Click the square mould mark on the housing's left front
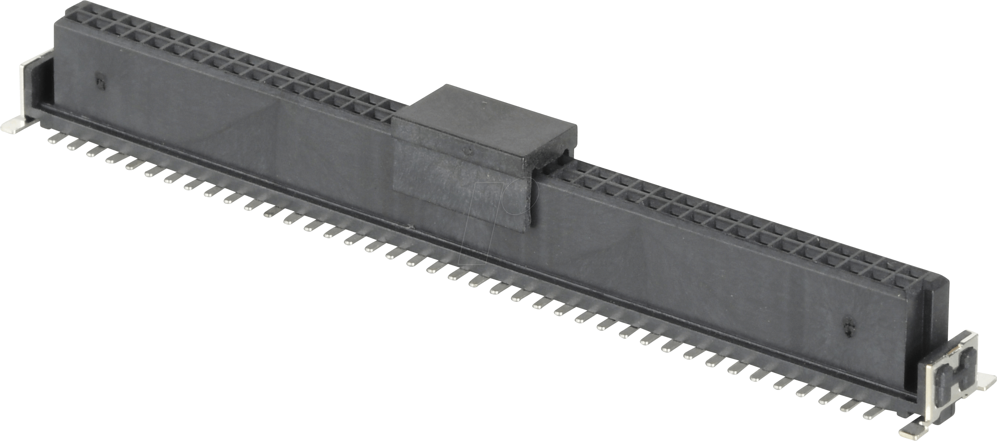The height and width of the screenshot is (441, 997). (x=100, y=83)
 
